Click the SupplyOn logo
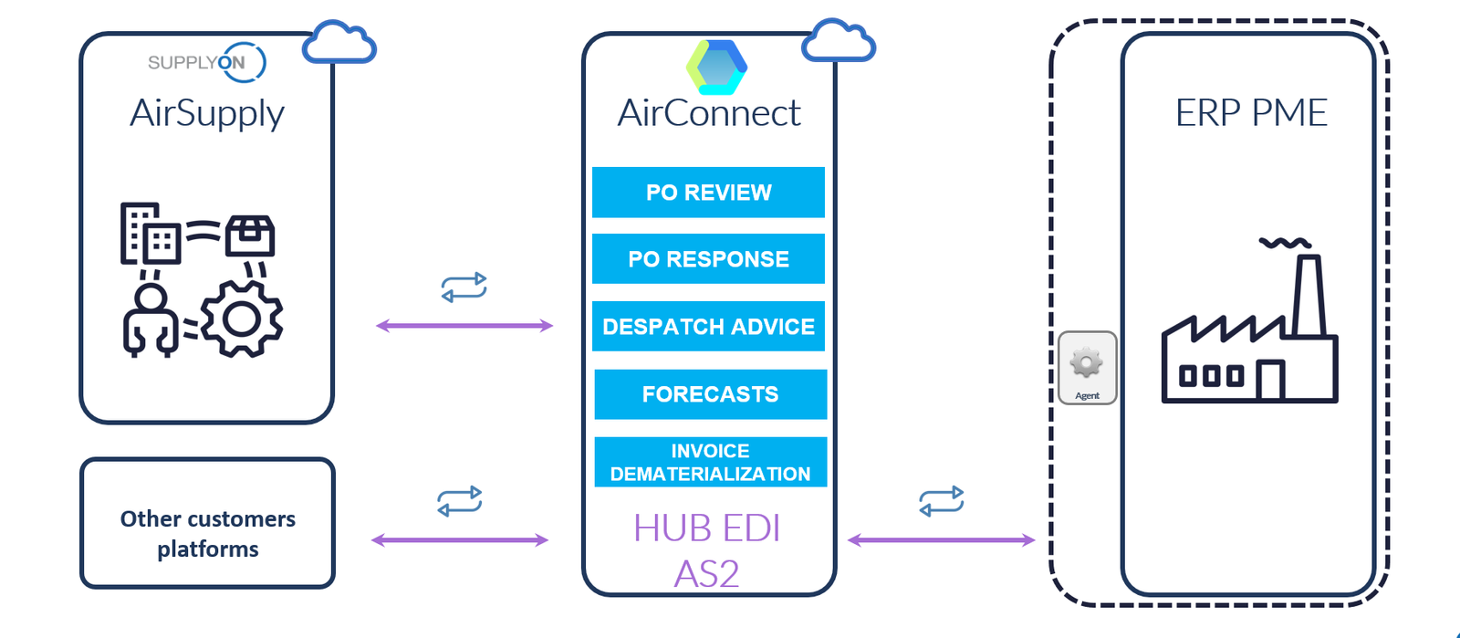206,62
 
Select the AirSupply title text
207,113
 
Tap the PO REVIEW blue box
708,193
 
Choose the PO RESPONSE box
708,259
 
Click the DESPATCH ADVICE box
708,327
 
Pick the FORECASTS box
710,394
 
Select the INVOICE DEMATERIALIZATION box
710,462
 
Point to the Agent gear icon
1087,364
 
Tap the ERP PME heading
1251,113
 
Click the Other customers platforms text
208,533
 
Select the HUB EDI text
707,528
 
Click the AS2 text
707,574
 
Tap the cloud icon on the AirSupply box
339,43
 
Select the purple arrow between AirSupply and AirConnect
464,326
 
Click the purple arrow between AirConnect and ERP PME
941,540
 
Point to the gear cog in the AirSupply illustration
242,319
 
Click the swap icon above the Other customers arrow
460,501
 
